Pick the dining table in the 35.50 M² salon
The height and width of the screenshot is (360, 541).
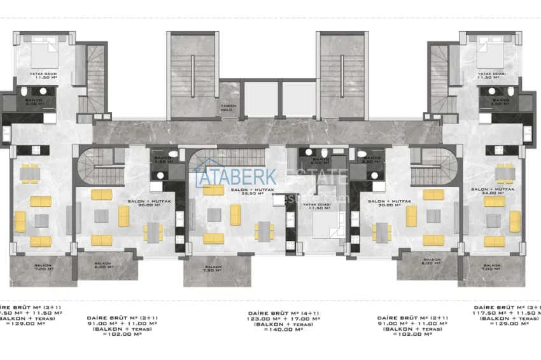tap(262, 232)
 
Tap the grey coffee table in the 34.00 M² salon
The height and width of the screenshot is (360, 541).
tap(494, 221)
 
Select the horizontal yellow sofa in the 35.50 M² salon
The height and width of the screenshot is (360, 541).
tap(214, 239)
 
